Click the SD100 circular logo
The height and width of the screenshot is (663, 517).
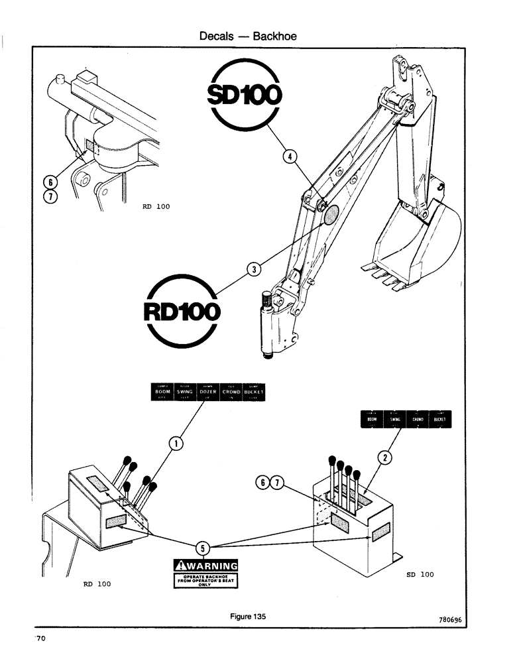[245, 97]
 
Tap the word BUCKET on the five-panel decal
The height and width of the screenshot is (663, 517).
[254, 392]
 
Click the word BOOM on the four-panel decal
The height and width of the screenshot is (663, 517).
[373, 420]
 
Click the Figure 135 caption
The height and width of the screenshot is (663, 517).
[248, 616]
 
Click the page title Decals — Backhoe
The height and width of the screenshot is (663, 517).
[248, 36]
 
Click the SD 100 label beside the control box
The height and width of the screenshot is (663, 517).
[420, 574]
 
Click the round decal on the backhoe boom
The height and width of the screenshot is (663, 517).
[329, 214]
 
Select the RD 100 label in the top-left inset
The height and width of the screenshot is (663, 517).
[156, 206]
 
